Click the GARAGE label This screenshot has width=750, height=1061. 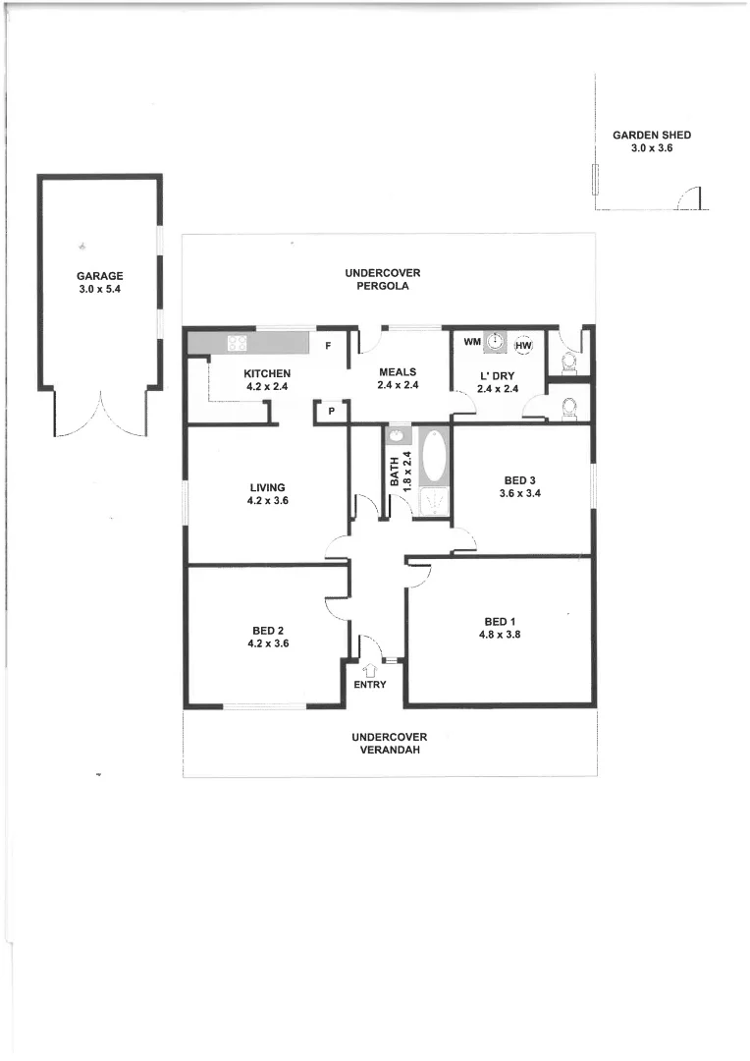coord(99,277)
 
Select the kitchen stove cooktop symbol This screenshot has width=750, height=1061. coord(237,343)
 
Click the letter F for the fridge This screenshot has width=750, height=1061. coord(328,346)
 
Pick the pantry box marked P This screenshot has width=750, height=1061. coord(332,412)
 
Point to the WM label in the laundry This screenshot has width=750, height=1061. coord(471,341)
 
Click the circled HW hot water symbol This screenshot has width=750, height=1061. coord(523,345)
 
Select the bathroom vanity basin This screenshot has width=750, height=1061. coord(399,435)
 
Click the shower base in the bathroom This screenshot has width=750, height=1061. coord(433,503)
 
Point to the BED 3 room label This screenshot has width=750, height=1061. coord(520,480)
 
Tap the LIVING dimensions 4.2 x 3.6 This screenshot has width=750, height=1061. coord(267,501)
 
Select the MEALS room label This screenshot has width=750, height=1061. coord(398,372)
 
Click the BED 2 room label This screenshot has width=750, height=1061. coord(267,631)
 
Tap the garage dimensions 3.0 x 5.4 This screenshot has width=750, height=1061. coord(99,290)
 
